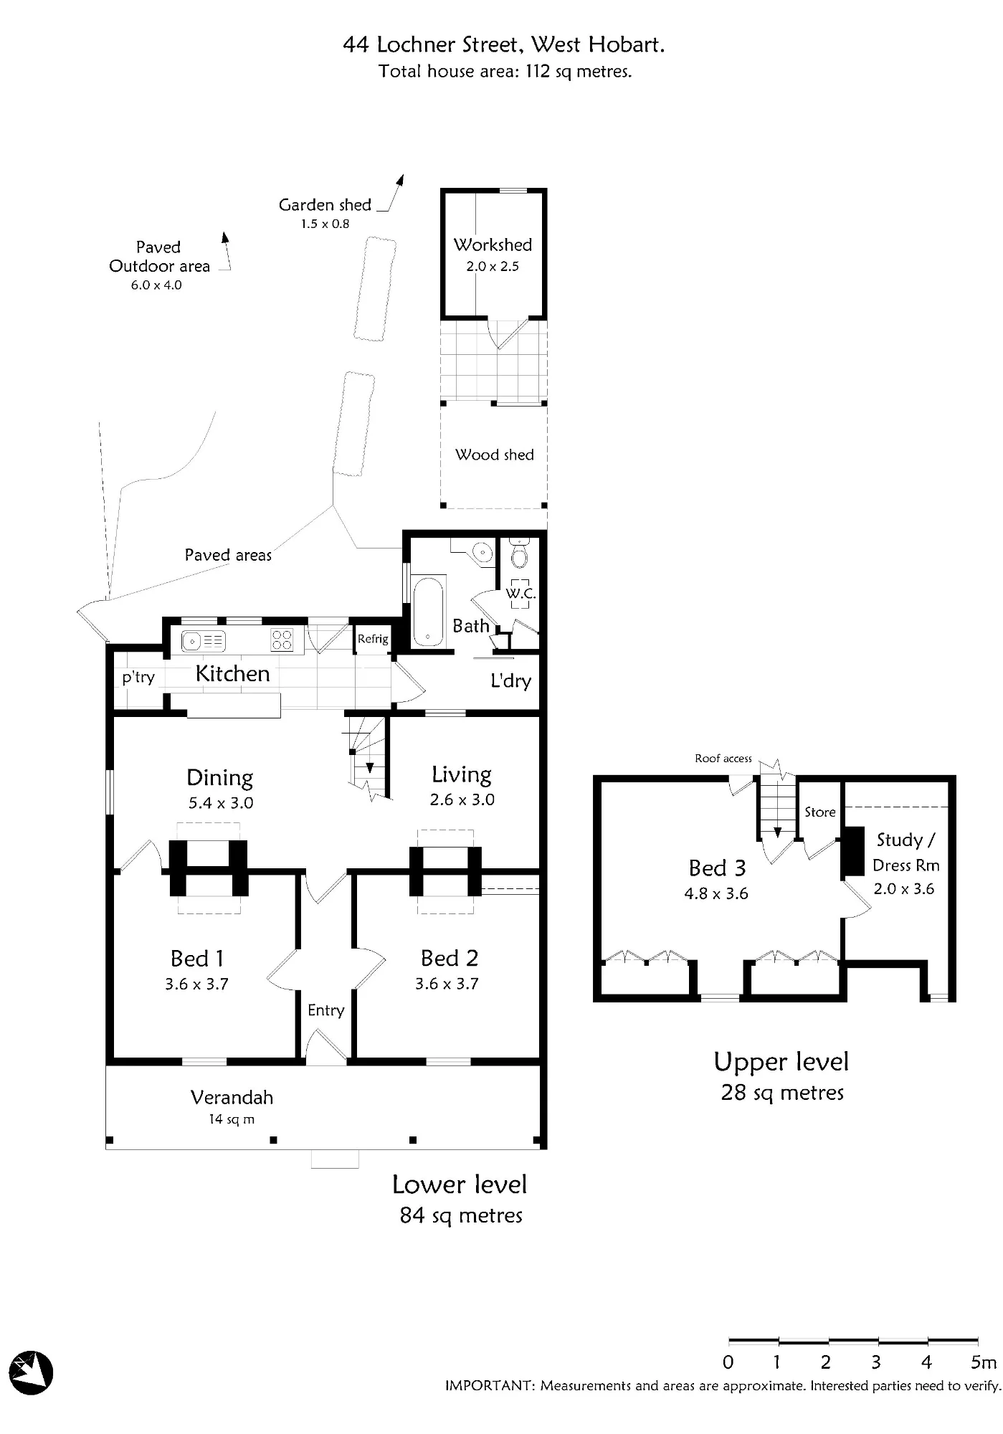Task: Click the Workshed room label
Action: [x=493, y=244]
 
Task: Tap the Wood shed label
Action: [x=495, y=455]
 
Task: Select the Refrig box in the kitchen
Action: [x=373, y=639]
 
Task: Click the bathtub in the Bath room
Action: [x=428, y=610]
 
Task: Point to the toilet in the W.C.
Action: [x=520, y=554]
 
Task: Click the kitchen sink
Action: [x=204, y=640]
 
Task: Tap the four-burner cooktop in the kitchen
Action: [x=282, y=640]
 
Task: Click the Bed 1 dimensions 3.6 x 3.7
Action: [x=196, y=984]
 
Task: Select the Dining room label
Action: [x=219, y=778]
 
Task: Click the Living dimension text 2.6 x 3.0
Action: [x=462, y=799]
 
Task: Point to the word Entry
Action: [x=326, y=1010]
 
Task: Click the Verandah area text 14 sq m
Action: [x=232, y=1119]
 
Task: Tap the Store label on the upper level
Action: [x=820, y=812]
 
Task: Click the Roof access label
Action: [x=723, y=758]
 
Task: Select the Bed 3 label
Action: [x=717, y=868]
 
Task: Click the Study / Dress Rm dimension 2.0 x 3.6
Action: [x=904, y=888]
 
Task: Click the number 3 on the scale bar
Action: [x=876, y=1362]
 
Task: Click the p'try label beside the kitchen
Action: [x=138, y=678]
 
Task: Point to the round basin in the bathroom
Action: [x=484, y=552]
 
